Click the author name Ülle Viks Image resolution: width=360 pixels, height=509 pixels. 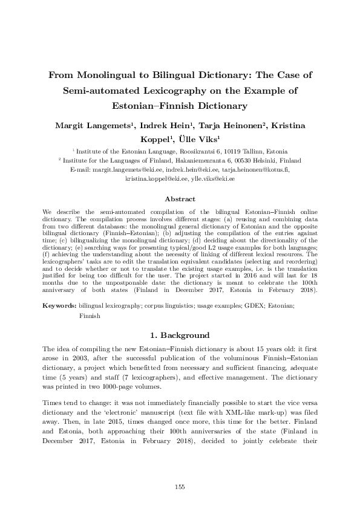point(204,138)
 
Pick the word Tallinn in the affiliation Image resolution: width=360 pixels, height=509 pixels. point(250,151)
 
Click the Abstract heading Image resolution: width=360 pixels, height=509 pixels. point(180,198)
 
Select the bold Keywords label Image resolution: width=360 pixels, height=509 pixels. point(59,306)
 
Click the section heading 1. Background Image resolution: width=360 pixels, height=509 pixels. point(180,336)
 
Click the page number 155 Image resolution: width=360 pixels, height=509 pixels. point(180,487)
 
